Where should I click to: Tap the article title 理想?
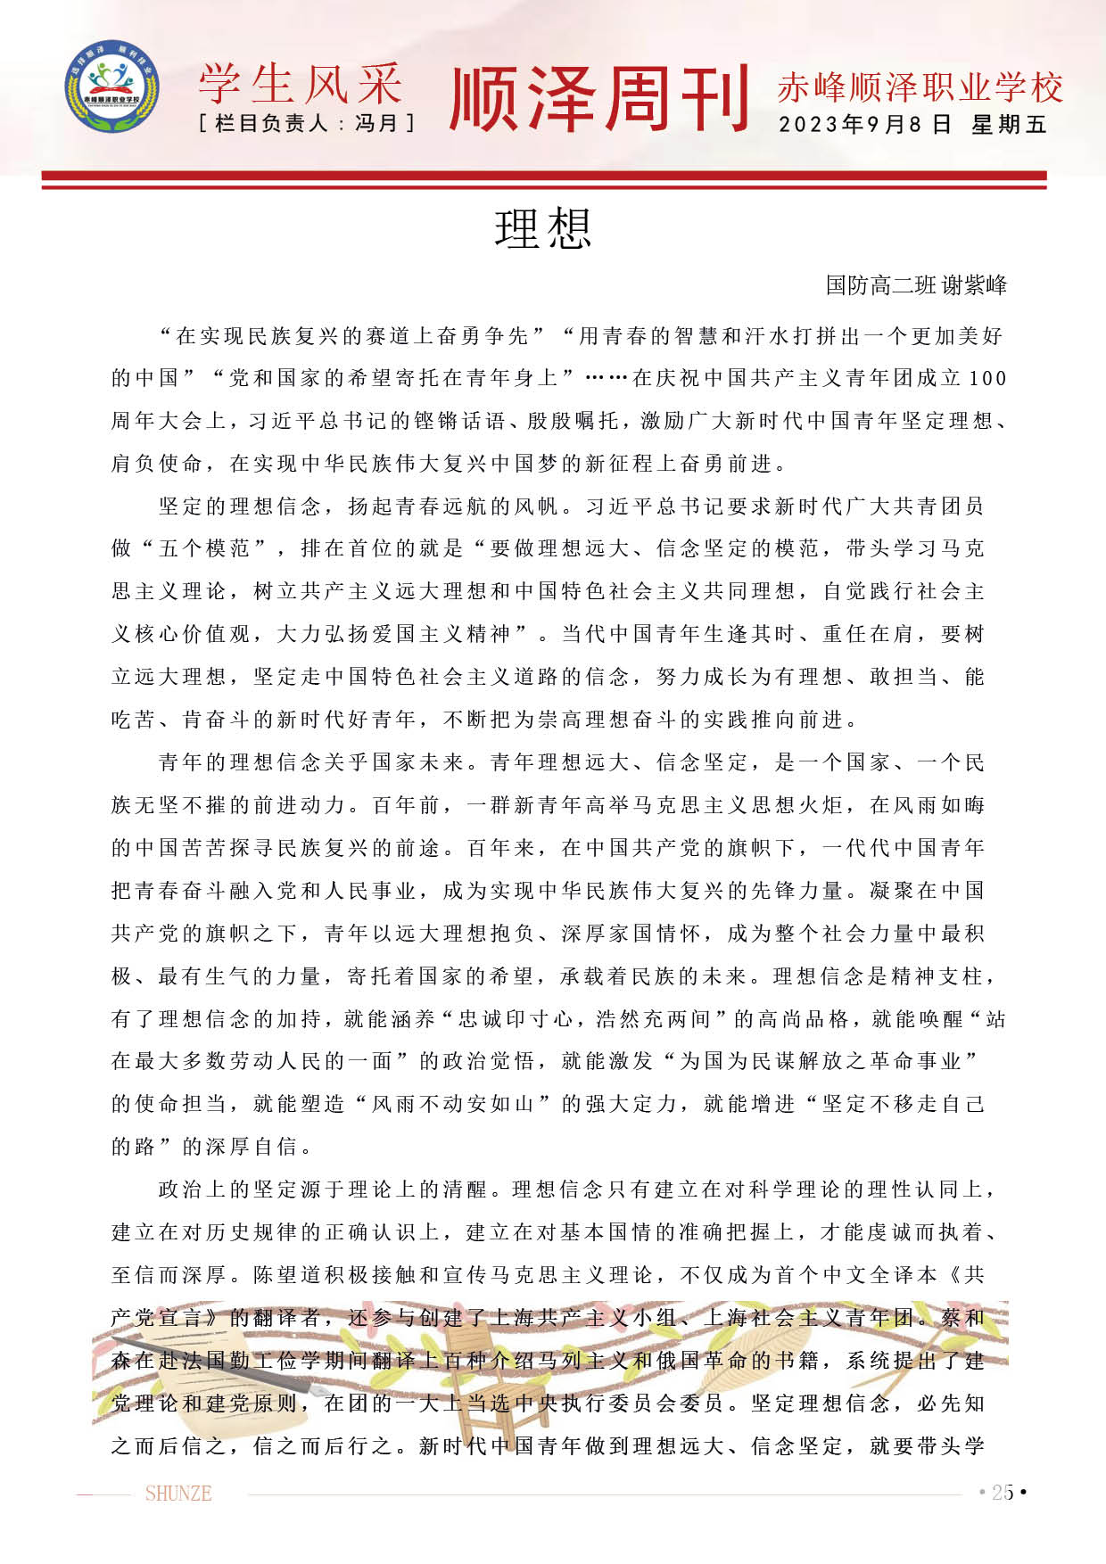[543, 229]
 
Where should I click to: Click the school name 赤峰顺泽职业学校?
[920, 87]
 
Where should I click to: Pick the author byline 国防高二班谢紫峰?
[916, 285]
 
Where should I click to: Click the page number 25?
[1003, 1493]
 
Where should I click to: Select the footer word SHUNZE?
[178, 1494]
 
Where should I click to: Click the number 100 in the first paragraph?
[987, 378]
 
